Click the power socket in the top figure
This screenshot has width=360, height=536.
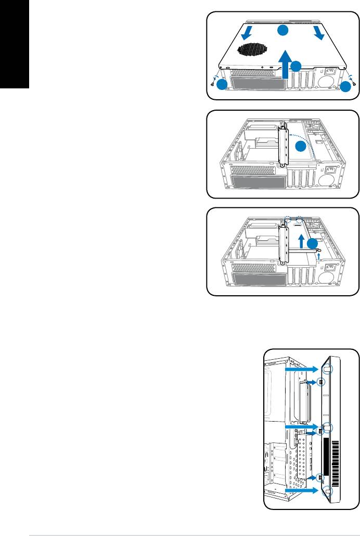point(331,83)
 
